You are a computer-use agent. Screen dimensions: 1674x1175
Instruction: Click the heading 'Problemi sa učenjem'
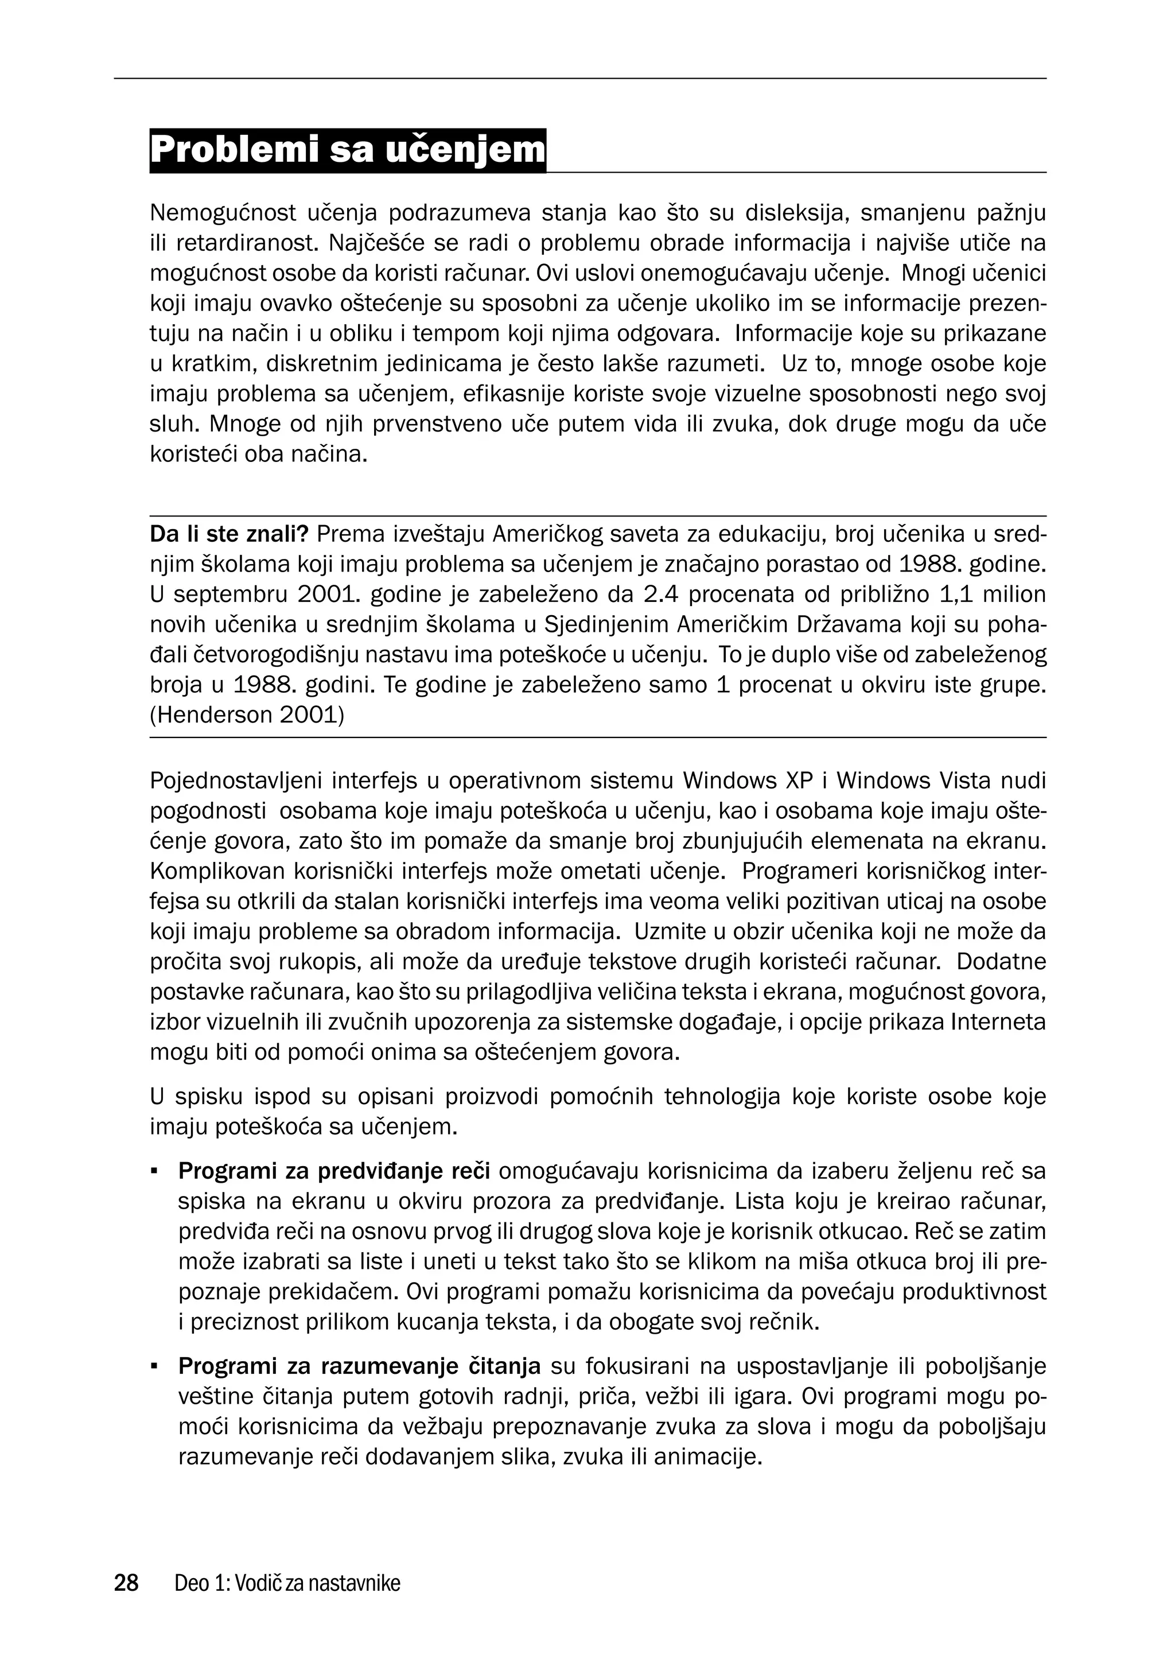[x=348, y=150]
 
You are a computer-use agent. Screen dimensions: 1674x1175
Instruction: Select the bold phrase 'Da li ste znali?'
[x=229, y=534]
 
